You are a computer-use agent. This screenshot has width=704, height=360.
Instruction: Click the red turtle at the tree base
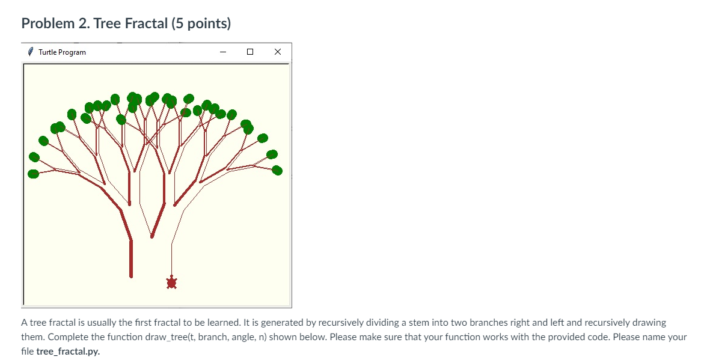(x=171, y=282)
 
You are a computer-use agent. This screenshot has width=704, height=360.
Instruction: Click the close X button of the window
(x=277, y=52)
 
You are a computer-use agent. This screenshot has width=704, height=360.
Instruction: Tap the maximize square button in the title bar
(x=250, y=52)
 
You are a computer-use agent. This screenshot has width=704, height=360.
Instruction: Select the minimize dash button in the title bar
(x=223, y=52)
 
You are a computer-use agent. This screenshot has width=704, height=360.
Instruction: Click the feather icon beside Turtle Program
(x=31, y=52)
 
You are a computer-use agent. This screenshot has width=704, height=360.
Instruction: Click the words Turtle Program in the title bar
(x=62, y=52)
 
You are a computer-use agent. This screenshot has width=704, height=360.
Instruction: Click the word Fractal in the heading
(x=144, y=24)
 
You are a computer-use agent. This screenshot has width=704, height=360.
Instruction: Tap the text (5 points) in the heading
(x=200, y=24)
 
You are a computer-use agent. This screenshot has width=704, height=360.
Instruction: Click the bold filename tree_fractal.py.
(x=68, y=351)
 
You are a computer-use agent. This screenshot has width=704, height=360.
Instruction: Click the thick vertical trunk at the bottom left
(x=131, y=258)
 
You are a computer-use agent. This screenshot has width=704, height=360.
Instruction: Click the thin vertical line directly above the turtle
(x=171, y=258)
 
